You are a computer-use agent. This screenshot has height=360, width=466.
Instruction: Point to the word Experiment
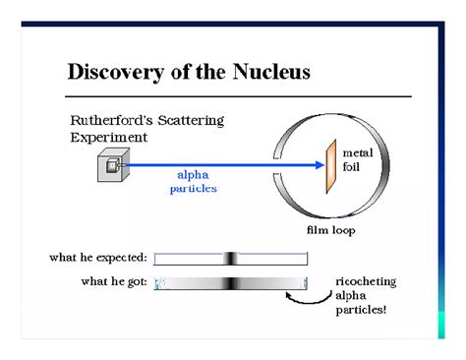[x=108, y=138]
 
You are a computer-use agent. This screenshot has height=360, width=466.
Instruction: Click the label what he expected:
[x=98, y=258]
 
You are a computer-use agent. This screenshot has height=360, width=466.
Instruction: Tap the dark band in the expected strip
[x=230, y=258]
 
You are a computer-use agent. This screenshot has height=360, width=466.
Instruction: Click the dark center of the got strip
[x=230, y=283]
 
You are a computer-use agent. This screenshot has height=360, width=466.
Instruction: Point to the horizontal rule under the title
[x=237, y=96]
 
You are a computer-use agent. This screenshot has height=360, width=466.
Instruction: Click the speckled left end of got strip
[x=160, y=283]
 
